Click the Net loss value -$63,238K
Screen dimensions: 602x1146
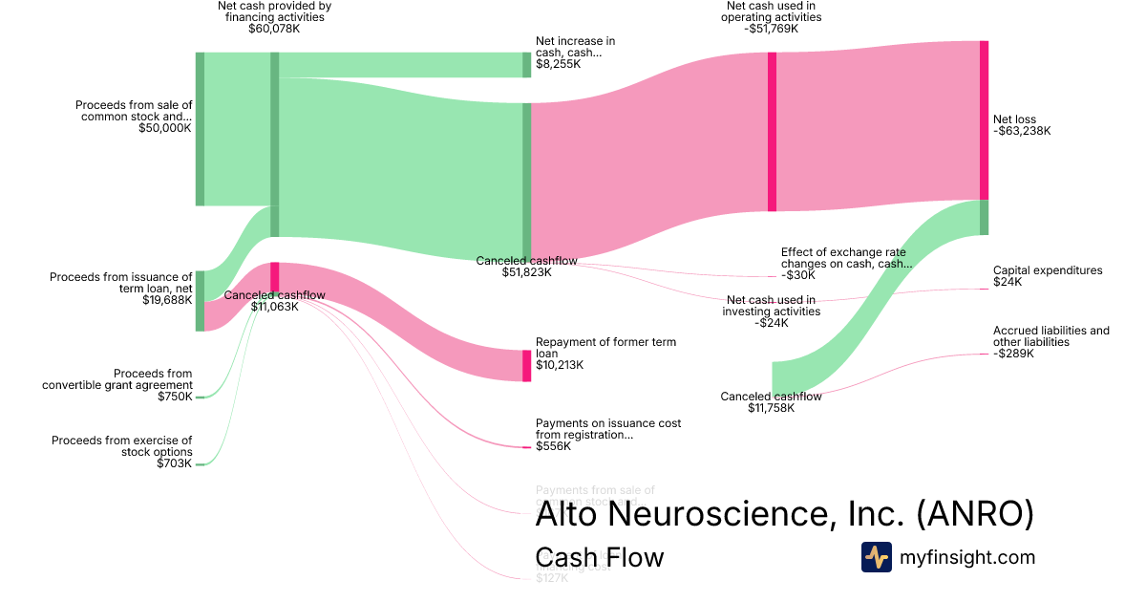click(x=1022, y=132)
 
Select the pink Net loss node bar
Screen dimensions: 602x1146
click(x=984, y=120)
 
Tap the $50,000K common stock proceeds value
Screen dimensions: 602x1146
click(x=165, y=127)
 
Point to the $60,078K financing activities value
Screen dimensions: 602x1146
click(x=274, y=29)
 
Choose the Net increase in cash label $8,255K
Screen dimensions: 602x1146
click(x=559, y=64)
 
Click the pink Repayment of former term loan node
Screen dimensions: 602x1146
click(x=526, y=366)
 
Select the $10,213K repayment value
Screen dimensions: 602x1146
click(x=560, y=365)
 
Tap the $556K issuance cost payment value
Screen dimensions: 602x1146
click(x=553, y=446)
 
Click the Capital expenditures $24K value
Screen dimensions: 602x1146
click(x=1008, y=282)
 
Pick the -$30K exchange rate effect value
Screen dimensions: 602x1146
click(x=798, y=275)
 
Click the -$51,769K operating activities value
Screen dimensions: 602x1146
click(x=772, y=29)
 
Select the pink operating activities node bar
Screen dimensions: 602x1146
click(x=772, y=132)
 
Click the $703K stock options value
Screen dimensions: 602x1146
click(x=175, y=463)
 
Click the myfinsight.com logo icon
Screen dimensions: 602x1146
click(x=876, y=557)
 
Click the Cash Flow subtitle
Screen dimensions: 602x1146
click(x=600, y=557)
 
